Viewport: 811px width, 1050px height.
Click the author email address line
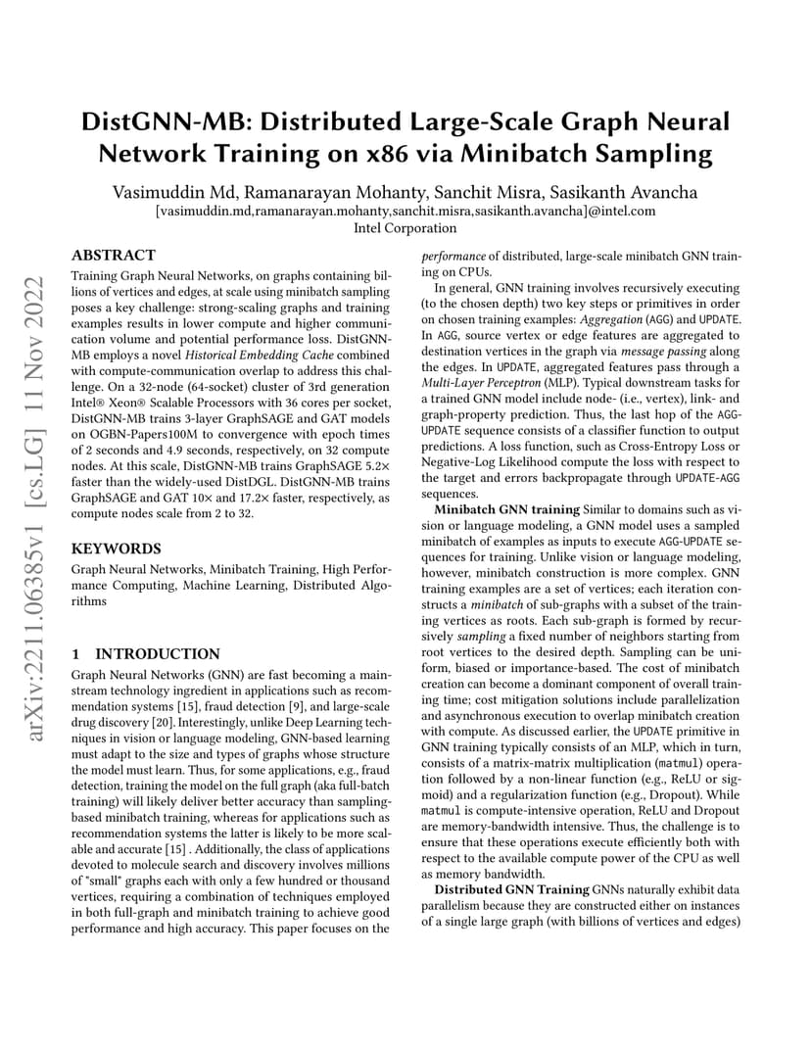tap(405, 210)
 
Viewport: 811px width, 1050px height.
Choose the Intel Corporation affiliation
tap(405, 228)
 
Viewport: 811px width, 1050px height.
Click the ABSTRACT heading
tap(114, 255)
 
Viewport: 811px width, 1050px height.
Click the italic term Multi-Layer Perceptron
tap(476, 380)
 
